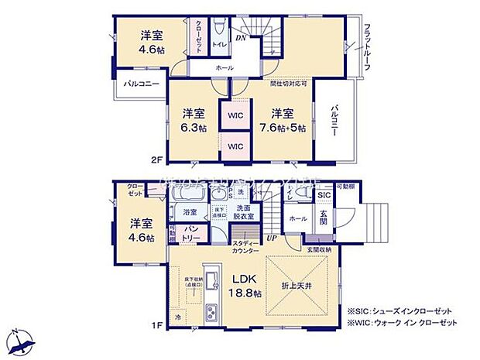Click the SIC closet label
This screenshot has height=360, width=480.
click(x=324, y=196)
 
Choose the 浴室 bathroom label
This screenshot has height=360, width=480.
click(x=190, y=211)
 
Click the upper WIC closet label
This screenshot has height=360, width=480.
click(x=236, y=116)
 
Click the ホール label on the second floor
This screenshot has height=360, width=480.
click(x=225, y=69)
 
